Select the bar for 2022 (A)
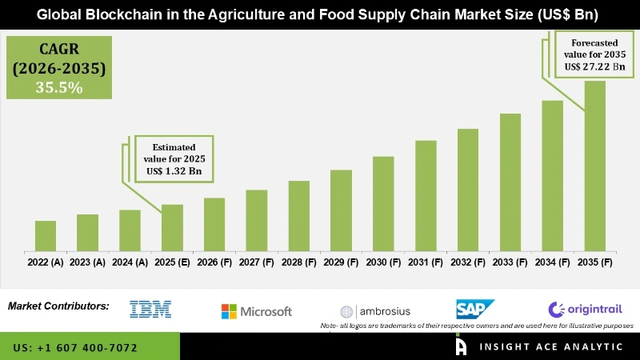(46, 235)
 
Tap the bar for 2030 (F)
(383, 203)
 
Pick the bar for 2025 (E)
(172, 227)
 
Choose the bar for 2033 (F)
(510, 182)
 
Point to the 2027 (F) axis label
(257, 262)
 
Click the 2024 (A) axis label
(130, 262)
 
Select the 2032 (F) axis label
(468, 262)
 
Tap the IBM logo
(150, 310)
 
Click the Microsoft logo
(257, 311)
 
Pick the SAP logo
(475, 309)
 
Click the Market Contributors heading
(58, 306)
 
